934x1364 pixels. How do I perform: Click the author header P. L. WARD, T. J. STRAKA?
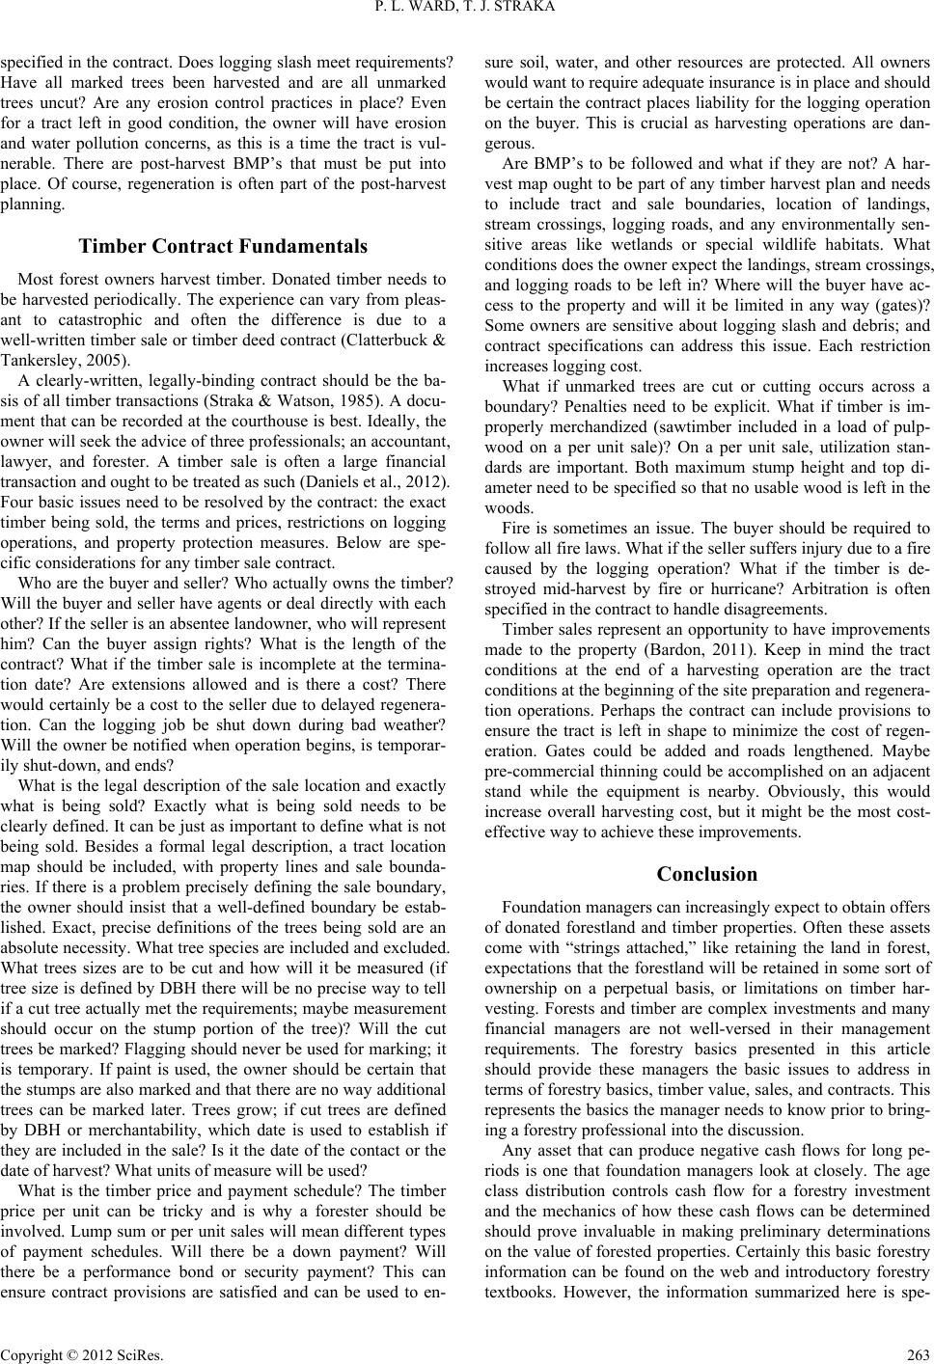[467, 12]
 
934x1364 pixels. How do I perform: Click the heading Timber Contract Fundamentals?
[224, 245]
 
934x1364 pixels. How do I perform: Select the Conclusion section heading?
[706, 874]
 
